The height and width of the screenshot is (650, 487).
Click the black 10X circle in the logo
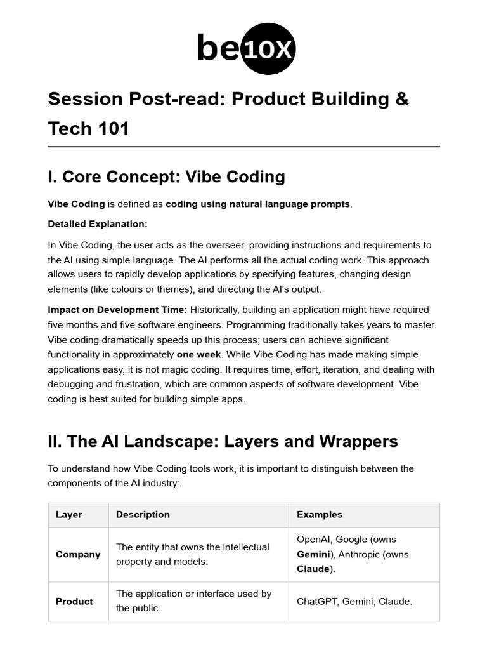269,49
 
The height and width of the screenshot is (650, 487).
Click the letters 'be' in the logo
218,49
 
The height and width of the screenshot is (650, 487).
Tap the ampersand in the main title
402,99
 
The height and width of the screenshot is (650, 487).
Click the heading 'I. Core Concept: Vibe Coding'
166,176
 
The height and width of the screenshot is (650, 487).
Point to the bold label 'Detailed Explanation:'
98,224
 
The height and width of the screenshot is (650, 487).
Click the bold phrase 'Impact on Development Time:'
117,310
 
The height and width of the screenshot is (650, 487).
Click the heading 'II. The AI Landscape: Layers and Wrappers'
223,441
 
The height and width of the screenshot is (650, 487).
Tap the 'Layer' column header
68,515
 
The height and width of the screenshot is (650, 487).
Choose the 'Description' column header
143,515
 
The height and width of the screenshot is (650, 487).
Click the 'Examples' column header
320,515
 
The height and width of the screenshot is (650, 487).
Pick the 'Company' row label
78,554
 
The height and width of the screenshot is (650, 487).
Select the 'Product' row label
74,601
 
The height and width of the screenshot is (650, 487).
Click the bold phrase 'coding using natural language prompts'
257,204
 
